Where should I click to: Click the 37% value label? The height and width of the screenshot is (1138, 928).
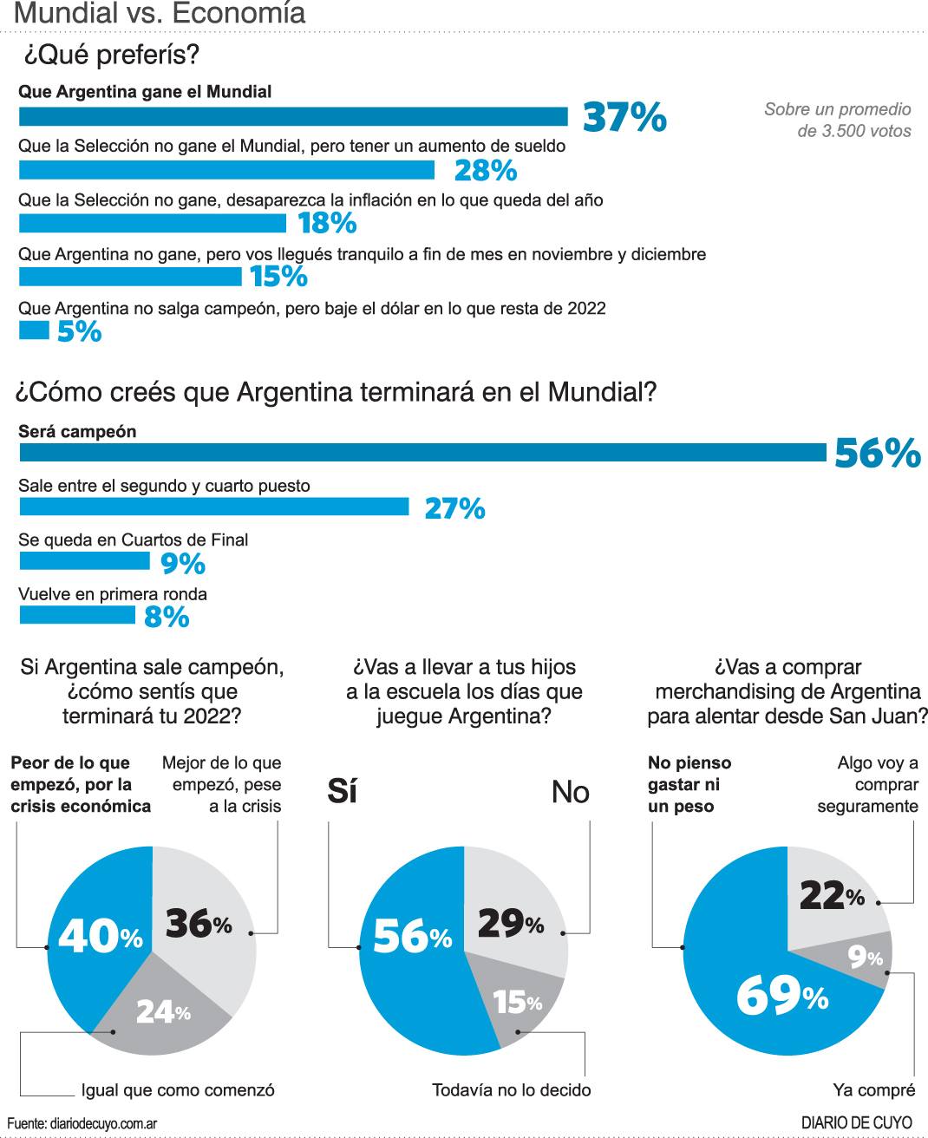[624, 117]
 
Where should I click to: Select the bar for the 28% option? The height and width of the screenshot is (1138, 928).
[226, 170]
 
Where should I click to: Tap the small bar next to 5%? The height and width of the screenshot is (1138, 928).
[34, 330]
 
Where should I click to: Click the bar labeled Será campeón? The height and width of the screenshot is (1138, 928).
[422, 452]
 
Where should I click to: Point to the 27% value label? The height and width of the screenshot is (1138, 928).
[454, 508]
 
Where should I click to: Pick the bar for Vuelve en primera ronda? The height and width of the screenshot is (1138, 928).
[77, 615]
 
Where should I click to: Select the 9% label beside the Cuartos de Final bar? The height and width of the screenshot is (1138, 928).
[183, 564]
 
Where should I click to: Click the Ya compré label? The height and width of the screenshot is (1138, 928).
[873, 1090]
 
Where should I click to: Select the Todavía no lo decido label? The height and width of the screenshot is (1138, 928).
[512, 1090]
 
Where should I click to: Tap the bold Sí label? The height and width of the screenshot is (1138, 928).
[343, 791]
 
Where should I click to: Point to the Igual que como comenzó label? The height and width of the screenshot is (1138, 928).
[178, 1090]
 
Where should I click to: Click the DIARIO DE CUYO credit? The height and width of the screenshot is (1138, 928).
[856, 1123]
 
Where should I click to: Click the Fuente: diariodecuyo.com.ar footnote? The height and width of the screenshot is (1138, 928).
[82, 1124]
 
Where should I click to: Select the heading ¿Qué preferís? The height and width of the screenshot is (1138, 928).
[112, 55]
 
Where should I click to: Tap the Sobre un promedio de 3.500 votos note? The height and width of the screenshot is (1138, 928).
[838, 120]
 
